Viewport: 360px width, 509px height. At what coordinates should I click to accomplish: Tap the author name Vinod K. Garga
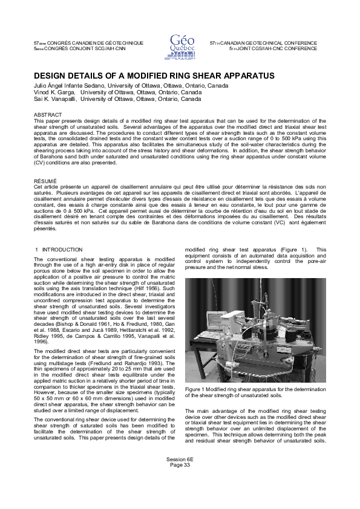coord(56,92)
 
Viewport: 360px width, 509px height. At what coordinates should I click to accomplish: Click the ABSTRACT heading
coord(48,114)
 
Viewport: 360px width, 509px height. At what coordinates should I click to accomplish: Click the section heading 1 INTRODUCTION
coord(59,249)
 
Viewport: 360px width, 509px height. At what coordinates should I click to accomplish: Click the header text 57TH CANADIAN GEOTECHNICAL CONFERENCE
coord(263,44)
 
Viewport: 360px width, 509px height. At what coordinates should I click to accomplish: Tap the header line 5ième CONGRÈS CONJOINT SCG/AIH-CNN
coord(79,48)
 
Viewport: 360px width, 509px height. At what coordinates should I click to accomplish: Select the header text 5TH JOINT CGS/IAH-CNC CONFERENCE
coord(273,48)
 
